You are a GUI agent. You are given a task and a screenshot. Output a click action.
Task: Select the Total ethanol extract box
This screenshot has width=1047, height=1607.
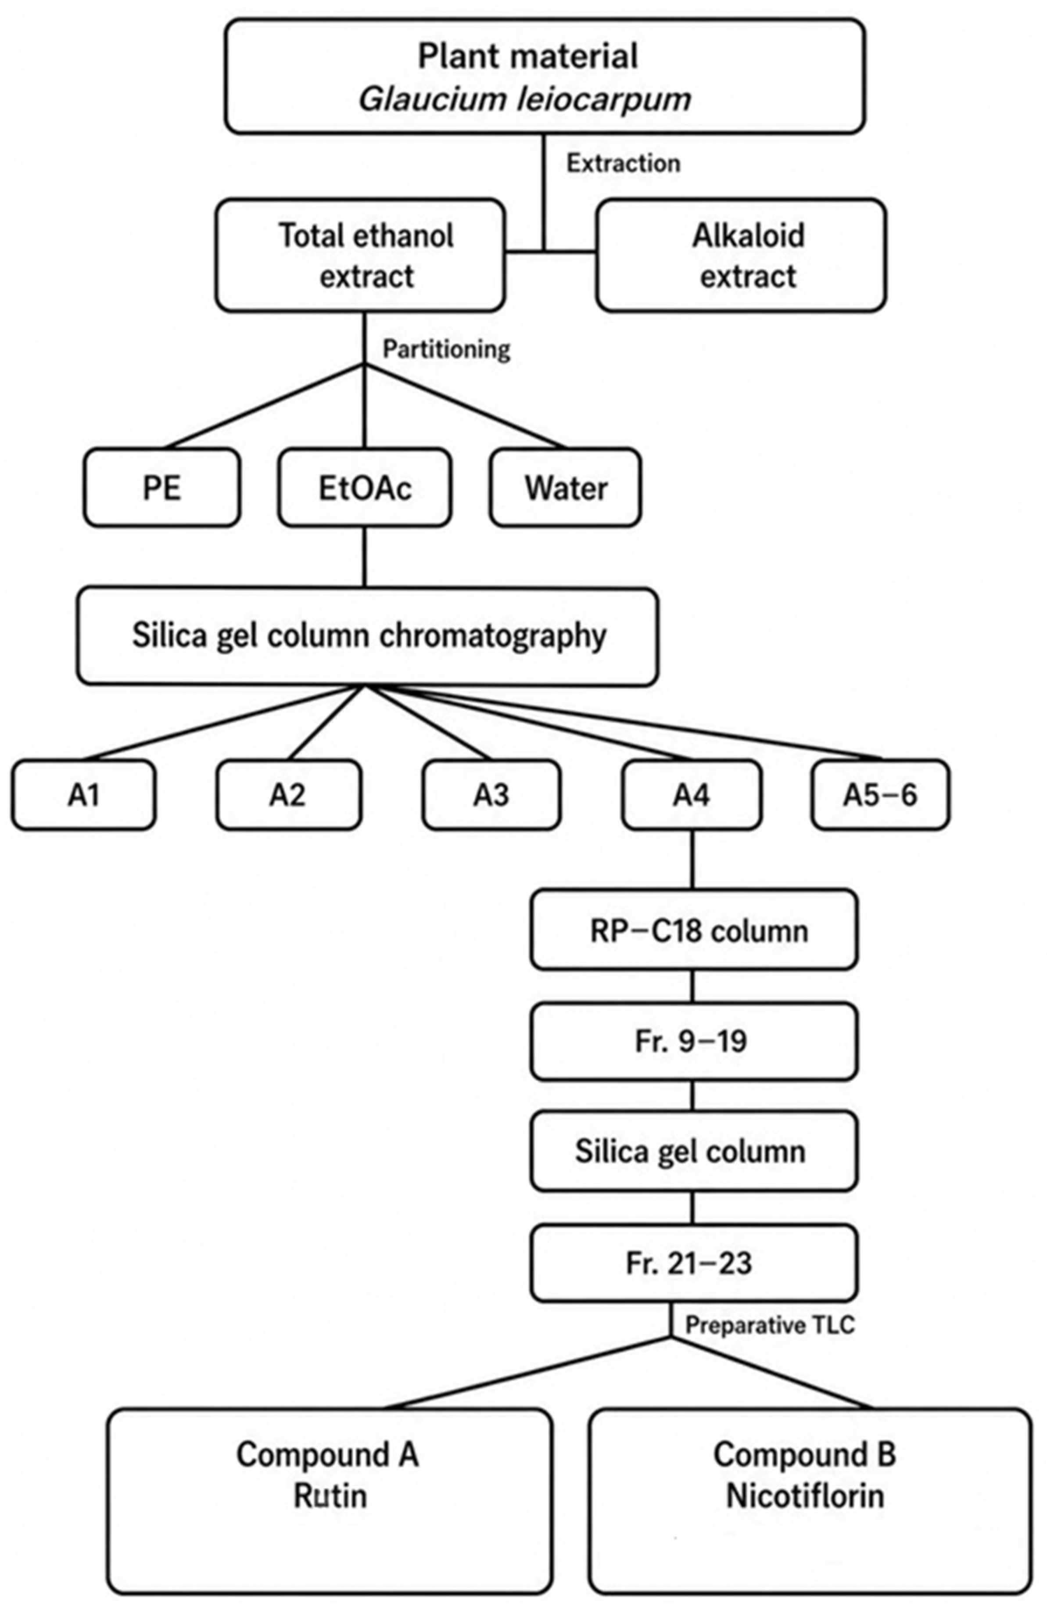click(x=360, y=255)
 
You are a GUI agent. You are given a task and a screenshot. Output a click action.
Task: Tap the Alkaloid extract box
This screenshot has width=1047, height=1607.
click(x=741, y=255)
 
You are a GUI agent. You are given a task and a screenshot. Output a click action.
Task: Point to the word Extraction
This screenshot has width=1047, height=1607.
click(x=623, y=163)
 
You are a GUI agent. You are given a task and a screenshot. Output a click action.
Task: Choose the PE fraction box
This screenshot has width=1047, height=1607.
click(x=162, y=487)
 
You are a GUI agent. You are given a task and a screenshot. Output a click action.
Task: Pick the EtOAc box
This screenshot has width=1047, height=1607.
click(x=365, y=487)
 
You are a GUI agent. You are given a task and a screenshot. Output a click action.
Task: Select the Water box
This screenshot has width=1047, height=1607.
click(x=566, y=487)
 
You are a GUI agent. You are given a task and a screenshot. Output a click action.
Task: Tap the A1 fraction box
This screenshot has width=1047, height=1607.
click(x=84, y=795)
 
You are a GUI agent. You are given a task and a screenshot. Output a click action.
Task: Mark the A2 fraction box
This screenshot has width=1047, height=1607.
click(x=289, y=795)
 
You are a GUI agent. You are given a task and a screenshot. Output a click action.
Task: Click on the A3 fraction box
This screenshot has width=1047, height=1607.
click(x=491, y=795)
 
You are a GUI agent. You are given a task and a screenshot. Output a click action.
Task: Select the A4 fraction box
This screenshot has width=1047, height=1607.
click(x=692, y=795)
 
